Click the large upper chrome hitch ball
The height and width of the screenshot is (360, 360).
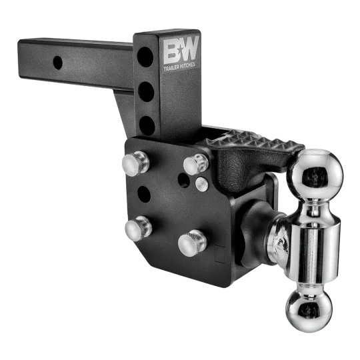pos(315,174)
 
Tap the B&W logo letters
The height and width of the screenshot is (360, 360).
pos(181,51)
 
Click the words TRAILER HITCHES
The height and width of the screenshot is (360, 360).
pos(179,67)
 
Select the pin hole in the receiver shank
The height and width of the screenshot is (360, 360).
pos(57,63)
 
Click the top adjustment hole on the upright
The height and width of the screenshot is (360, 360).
pos(145,57)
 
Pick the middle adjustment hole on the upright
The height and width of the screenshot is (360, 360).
pos(146,91)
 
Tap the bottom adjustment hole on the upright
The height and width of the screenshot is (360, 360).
pos(147,125)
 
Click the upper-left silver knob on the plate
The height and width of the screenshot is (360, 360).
pos(135,163)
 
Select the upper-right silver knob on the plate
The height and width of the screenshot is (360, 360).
pos(196,165)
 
